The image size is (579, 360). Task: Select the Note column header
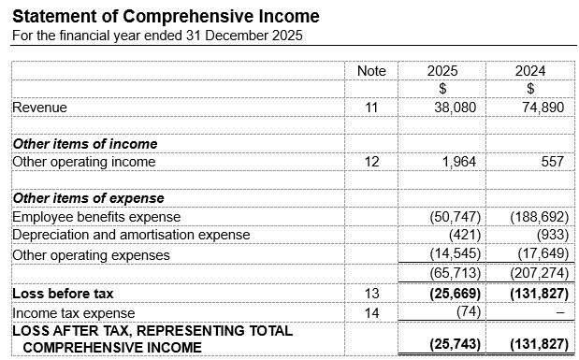[371, 71]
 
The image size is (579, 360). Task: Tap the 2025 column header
[441, 71]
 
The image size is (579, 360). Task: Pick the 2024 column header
[530, 71]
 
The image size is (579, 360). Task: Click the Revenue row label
[39, 108]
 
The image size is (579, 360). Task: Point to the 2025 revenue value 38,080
[456, 108]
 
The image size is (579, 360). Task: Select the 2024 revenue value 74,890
[544, 108]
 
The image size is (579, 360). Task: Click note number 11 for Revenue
[371, 108]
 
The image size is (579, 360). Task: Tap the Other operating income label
[83, 162]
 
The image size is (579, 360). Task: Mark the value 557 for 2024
[553, 162]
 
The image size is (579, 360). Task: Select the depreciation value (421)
[464, 235]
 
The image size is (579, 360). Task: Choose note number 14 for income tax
[371, 312]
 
